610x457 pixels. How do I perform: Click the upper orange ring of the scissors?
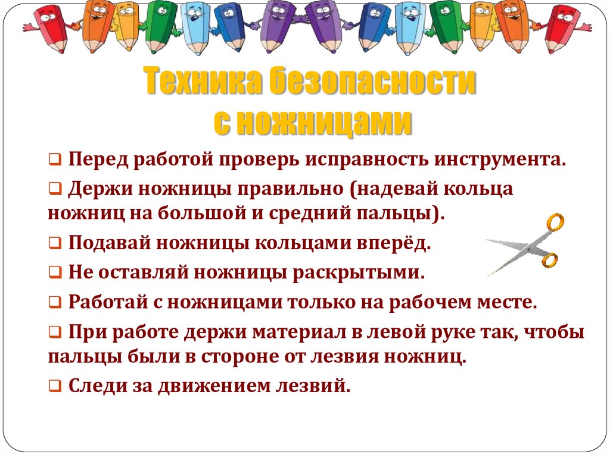[555, 223]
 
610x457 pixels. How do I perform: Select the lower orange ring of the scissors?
[549, 260]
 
